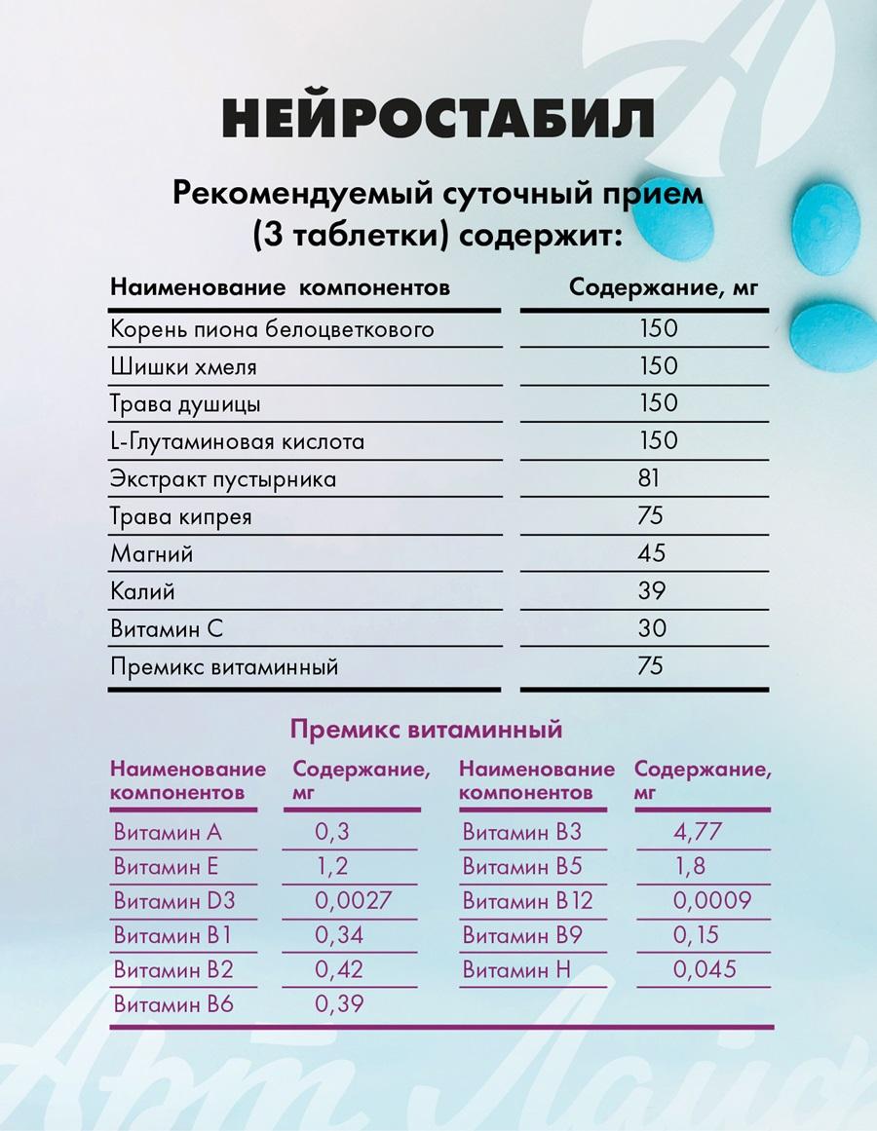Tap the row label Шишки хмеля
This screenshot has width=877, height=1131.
pyautogui.click(x=184, y=366)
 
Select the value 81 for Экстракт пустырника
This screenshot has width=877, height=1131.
pyautogui.click(x=650, y=478)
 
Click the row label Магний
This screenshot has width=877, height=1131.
pyautogui.click(x=152, y=553)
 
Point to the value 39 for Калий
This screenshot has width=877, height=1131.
pyautogui.click(x=652, y=590)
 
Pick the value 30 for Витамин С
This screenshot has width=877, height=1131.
pyautogui.click(x=652, y=628)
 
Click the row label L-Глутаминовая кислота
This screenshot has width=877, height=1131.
pyautogui.click(x=238, y=441)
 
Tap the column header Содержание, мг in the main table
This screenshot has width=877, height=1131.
pyautogui.click(x=663, y=288)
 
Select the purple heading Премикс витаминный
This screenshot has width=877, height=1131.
pyautogui.click(x=427, y=729)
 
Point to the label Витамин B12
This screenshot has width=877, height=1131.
pyautogui.click(x=527, y=900)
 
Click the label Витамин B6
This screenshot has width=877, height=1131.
pyautogui.click(x=173, y=1004)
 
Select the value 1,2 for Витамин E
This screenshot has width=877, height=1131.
pyautogui.click(x=331, y=866)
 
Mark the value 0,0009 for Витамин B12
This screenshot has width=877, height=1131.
pyautogui.click(x=711, y=900)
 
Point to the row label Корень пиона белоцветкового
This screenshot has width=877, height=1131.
pyautogui.click(x=272, y=328)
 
